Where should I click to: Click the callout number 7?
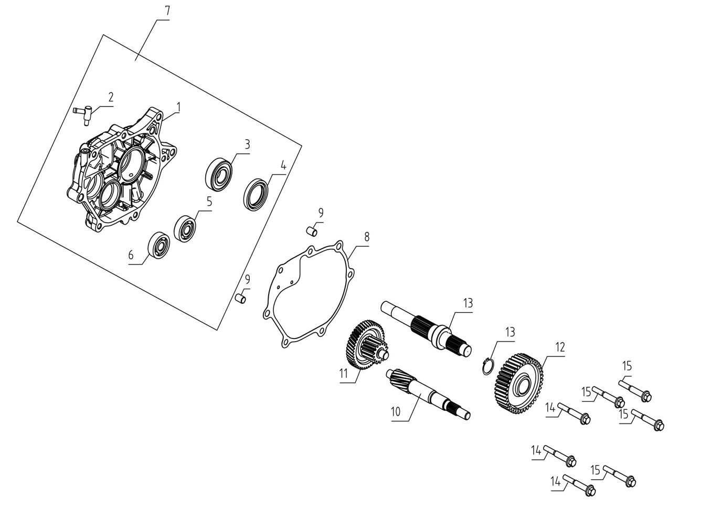click(167, 12)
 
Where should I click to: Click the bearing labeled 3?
click(219, 174)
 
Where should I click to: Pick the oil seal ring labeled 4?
click(256, 195)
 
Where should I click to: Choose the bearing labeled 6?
click(159, 245)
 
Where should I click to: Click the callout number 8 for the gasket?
click(367, 237)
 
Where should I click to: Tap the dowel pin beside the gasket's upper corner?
click(312, 231)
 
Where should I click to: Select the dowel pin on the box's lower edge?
click(241, 298)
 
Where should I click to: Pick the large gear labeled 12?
click(518, 384)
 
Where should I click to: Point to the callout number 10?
click(396, 411)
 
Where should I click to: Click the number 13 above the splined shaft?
click(468, 303)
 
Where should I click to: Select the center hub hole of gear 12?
click(523, 386)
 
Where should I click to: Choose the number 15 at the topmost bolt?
click(626, 366)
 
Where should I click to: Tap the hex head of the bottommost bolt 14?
click(590, 491)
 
